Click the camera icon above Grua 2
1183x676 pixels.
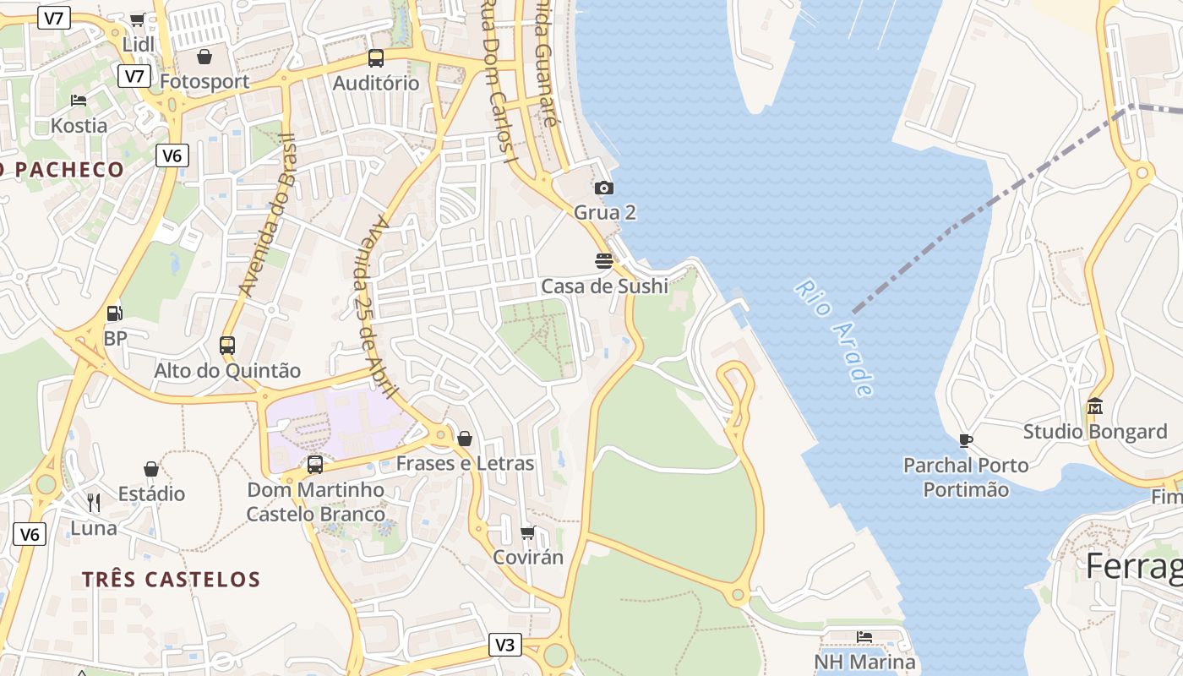pos(604,188)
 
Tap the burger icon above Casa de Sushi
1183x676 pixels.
pos(604,260)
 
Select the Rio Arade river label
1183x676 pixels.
pos(833,339)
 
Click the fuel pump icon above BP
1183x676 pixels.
pos(114,313)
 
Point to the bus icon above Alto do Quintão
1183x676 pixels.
pos(227,345)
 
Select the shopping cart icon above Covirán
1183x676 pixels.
pos(528,532)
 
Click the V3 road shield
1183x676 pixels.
pos(504,645)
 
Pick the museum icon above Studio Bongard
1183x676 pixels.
pos(1095,406)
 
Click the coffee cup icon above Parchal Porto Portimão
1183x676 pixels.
pos(966,439)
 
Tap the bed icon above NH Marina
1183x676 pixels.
pos(864,636)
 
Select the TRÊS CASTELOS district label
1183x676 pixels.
pos(172,580)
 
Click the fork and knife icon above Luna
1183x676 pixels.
pos(94,503)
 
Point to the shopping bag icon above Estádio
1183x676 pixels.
pos(151,468)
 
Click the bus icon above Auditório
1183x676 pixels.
pos(376,58)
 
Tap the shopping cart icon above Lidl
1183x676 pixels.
pos(138,19)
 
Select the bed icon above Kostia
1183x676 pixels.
pos(79,101)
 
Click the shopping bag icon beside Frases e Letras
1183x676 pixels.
pos(464,439)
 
